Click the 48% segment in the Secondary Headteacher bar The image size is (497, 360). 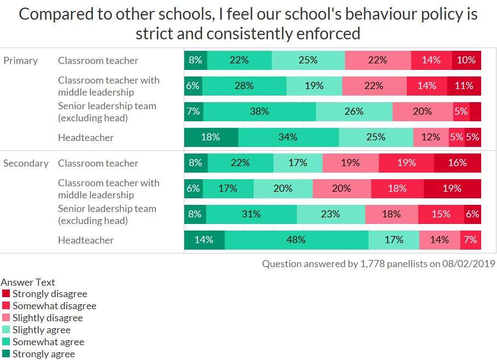tap(296, 240)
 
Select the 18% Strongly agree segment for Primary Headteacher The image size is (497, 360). tap(211, 137)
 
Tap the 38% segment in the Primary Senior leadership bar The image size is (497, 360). tap(259, 111)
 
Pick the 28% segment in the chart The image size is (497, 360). tap(244, 86)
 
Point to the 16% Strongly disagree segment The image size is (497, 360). tap(457, 163)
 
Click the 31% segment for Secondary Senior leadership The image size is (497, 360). tap(252, 214)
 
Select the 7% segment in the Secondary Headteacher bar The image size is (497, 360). tap(471, 240)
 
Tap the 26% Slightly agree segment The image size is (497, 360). tap(354, 111)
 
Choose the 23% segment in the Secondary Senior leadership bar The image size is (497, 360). tap(331, 214)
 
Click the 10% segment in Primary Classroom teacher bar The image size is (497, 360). tap(466, 60)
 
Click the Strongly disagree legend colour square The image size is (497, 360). tap(6, 294)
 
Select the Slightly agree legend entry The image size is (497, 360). tap(42, 330)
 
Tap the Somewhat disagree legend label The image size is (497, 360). tap(54, 306)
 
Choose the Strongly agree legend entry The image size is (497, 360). tap(44, 354)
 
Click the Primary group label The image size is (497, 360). tap(21, 61)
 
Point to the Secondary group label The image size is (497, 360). tap(26, 163)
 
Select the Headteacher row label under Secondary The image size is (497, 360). tap(86, 240)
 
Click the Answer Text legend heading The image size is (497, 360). tap(28, 282)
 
